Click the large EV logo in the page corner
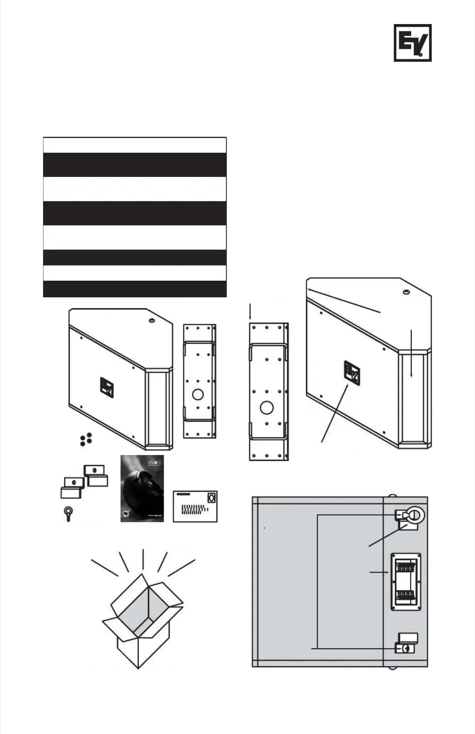coord(413,43)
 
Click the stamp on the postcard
coord(212,498)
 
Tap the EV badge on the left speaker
coord(107,387)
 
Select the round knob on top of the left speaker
coord(152,321)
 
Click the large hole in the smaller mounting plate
coord(198,395)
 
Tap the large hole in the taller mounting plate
coord(267,408)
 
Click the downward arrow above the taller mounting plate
coord(250,312)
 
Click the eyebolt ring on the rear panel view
coord(415,516)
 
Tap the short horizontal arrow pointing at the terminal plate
coord(379,572)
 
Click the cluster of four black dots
coord(86,440)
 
